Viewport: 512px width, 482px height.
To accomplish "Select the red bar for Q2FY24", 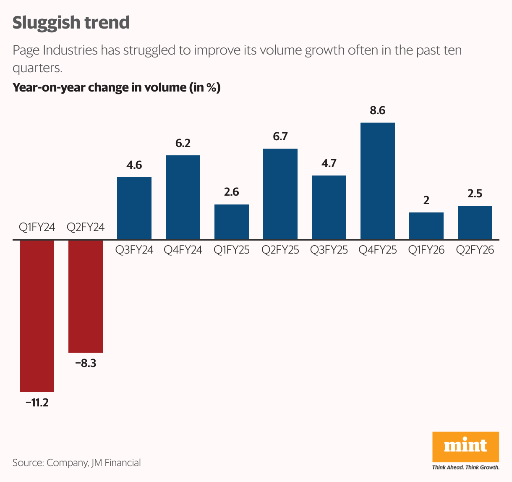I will pyautogui.click(x=86, y=296).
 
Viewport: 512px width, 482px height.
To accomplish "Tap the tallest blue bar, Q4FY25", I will pyautogui.click(x=378, y=181).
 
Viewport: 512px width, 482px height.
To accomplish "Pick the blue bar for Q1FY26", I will pyautogui.click(x=426, y=226).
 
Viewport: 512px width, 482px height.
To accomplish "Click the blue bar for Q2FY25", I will pyautogui.click(x=280, y=194).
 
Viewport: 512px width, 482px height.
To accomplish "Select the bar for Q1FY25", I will pyautogui.click(x=232, y=222).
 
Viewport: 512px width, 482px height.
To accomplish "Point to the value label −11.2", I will pyautogui.click(x=37, y=403).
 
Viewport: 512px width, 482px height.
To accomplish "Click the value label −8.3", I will pyautogui.click(x=86, y=364).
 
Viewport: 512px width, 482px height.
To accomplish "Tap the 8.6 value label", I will pyautogui.click(x=378, y=111).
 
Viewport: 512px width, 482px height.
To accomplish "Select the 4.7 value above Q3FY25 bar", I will pyautogui.click(x=329, y=163).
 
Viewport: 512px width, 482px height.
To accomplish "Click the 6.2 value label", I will pyautogui.click(x=183, y=144).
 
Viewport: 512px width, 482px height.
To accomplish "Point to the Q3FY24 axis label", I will pyautogui.click(x=134, y=250).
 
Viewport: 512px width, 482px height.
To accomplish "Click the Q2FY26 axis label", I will pyautogui.click(x=475, y=250).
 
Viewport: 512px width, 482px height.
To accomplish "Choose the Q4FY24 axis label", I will pyautogui.click(x=183, y=250).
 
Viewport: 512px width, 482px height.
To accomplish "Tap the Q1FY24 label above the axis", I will pyautogui.click(x=37, y=228).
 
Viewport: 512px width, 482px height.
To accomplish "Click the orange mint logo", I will pyautogui.click(x=465, y=447).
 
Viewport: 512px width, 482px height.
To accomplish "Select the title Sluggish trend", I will pyautogui.click(x=71, y=23).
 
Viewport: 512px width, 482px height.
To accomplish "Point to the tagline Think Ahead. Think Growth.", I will pyautogui.click(x=465, y=467).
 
